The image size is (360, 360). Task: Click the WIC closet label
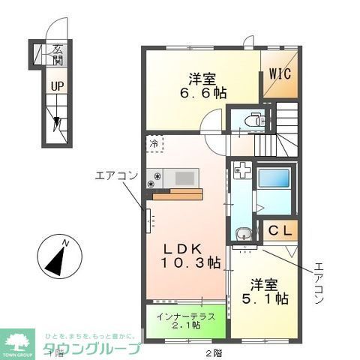tap(281, 74)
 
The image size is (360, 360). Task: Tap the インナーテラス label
tap(187, 316)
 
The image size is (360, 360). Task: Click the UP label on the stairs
tap(57, 86)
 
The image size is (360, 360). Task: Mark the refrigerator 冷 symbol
tap(154, 143)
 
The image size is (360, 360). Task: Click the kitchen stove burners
tap(154, 178)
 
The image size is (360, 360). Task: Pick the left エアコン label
tap(116, 176)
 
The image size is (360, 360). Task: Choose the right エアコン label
tap(318, 281)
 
